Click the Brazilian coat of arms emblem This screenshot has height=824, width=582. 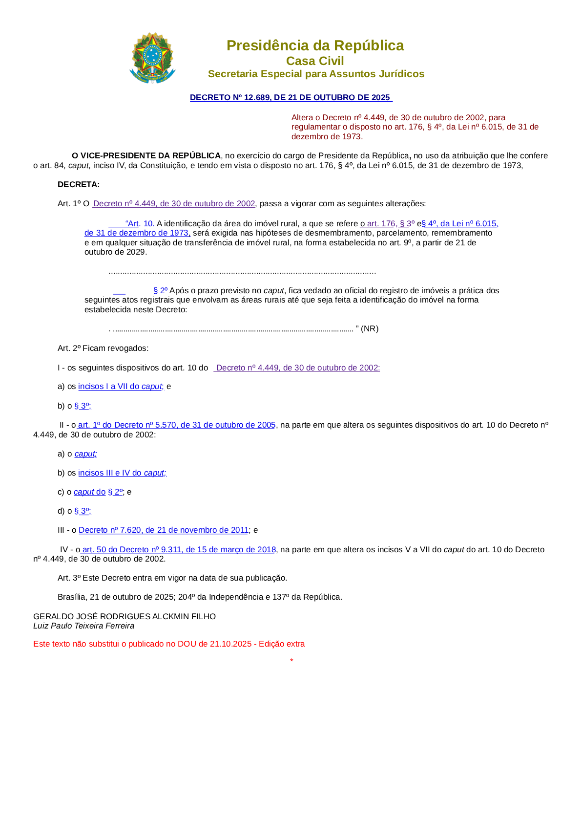tap(152, 59)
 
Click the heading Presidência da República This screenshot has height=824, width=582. tap(315, 45)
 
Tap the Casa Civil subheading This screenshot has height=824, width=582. tap(315, 61)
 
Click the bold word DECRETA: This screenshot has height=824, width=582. tap(79, 184)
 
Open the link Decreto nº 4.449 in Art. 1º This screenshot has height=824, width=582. tap(174, 203)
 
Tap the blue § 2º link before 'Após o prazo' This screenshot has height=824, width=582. tap(160, 290)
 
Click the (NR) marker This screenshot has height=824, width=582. tap(370, 328)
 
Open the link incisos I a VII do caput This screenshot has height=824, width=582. tap(120, 386)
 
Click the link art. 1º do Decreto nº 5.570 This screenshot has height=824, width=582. tap(177, 425)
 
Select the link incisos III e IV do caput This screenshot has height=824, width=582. tap(122, 473)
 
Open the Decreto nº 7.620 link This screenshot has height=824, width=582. tap(164, 530)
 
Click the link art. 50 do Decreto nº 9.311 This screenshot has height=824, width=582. tap(179, 549)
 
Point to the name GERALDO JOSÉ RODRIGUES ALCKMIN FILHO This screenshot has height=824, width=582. tap(125, 616)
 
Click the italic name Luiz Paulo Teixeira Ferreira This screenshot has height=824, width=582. tap(84, 626)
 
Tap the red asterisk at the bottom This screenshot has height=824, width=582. tap(291, 661)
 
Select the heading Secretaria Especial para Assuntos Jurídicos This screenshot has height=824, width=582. tap(316, 74)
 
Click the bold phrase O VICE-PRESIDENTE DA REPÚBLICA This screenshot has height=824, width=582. tap(146, 155)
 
